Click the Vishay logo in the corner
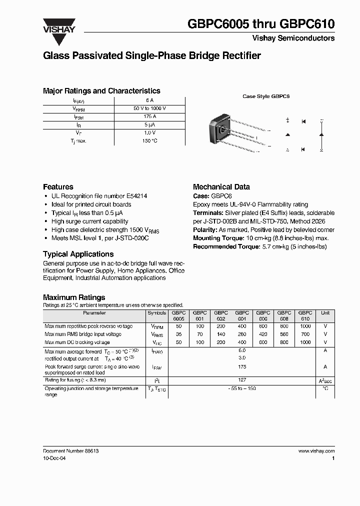tap(58, 25)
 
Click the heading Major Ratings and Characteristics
tap(101, 91)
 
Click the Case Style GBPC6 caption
tap(266, 96)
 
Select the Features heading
tap(58, 186)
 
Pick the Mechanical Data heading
tap(221, 186)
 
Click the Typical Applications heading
tap(78, 254)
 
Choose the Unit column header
tap(325, 313)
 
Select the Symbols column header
tap(157, 313)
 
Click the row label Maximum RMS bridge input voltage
tap(83, 334)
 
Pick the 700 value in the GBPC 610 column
tap(305, 334)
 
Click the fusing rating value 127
tap(242, 379)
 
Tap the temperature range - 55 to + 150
tap(242, 388)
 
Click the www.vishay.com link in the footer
tap(316, 451)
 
